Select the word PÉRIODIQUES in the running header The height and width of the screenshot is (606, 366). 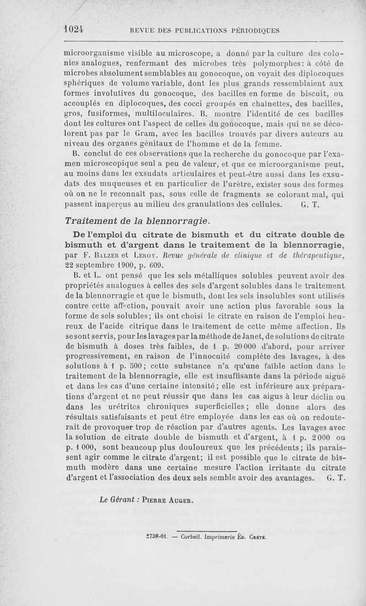pyautogui.click(x=255, y=31)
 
